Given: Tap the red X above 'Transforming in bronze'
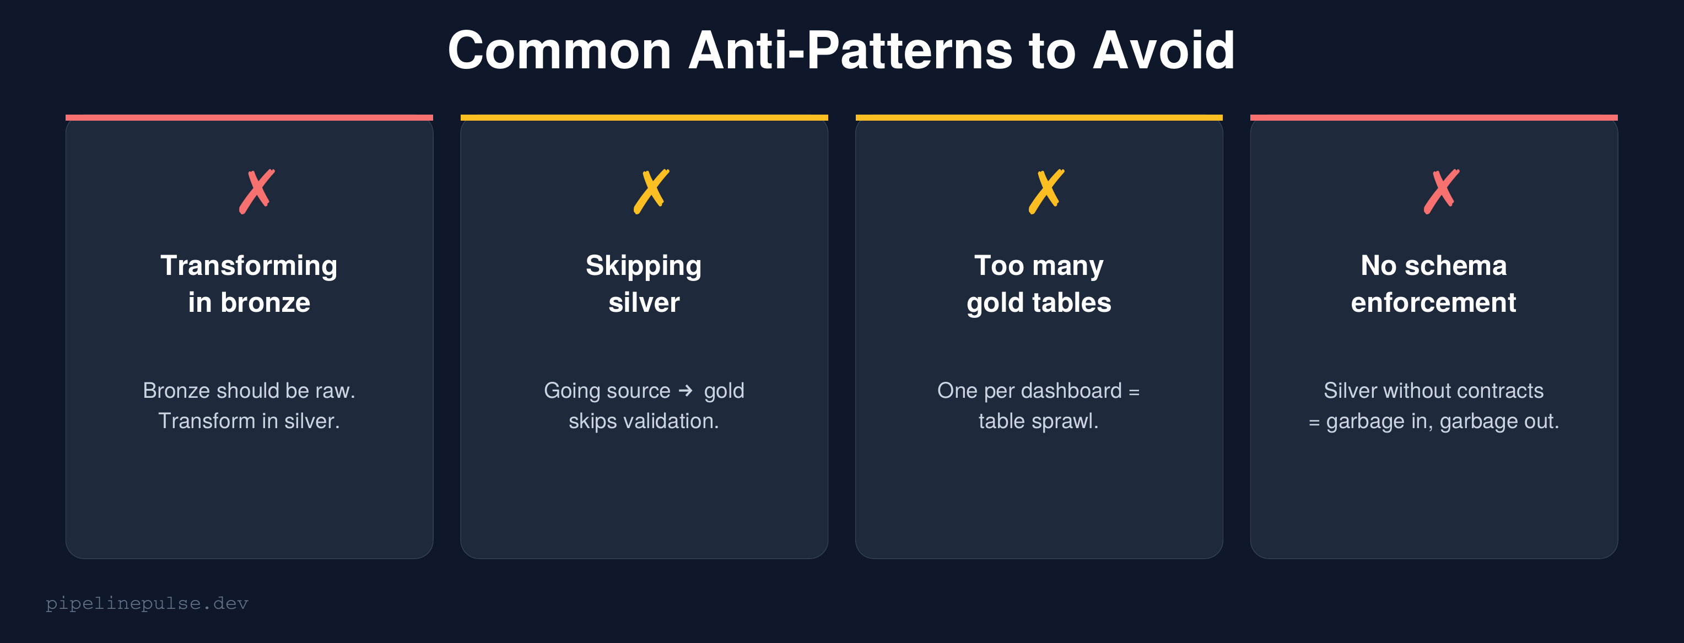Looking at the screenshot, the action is pyautogui.click(x=256, y=191).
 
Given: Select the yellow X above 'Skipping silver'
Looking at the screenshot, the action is pyautogui.click(x=651, y=191).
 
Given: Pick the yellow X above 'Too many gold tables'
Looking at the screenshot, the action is pyautogui.click(x=1046, y=191).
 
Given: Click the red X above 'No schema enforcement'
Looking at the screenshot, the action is pyautogui.click(x=1441, y=191).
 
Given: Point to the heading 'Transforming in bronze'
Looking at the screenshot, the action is pyautogui.click(x=249, y=284).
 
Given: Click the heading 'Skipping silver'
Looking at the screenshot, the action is pyautogui.click(x=644, y=284).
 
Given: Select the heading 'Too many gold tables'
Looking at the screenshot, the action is pyautogui.click(x=1039, y=284).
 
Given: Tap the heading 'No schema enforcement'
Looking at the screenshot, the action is pyautogui.click(x=1434, y=284).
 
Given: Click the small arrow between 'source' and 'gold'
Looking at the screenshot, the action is pyautogui.click(x=686, y=391).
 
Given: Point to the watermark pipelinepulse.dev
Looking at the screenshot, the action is pyautogui.click(x=147, y=603).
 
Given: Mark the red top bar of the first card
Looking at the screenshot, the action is pyautogui.click(x=249, y=117).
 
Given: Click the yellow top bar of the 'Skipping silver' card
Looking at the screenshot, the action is pyautogui.click(x=644, y=117).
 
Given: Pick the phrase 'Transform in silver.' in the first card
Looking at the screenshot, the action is pyautogui.click(x=249, y=421).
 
